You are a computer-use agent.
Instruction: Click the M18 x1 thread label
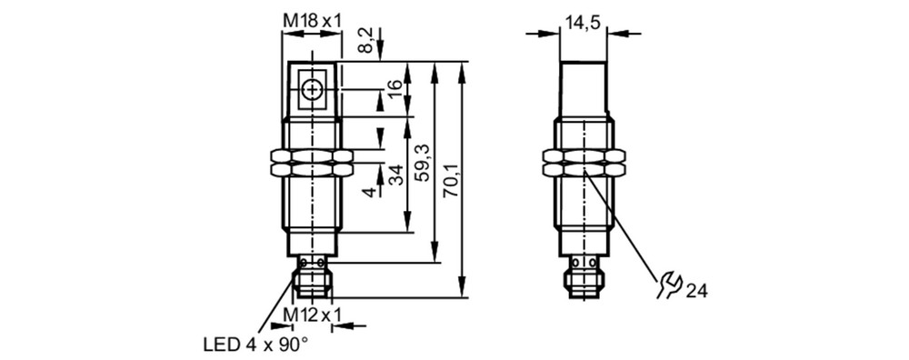click(x=312, y=21)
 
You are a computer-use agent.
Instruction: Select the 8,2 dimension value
click(x=365, y=40)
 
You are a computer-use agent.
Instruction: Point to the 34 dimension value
click(x=395, y=175)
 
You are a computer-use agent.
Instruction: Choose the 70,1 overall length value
click(x=451, y=180)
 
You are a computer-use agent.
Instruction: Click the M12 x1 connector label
click(x=312, y=315)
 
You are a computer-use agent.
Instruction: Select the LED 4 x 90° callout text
click(x=255, y=345)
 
